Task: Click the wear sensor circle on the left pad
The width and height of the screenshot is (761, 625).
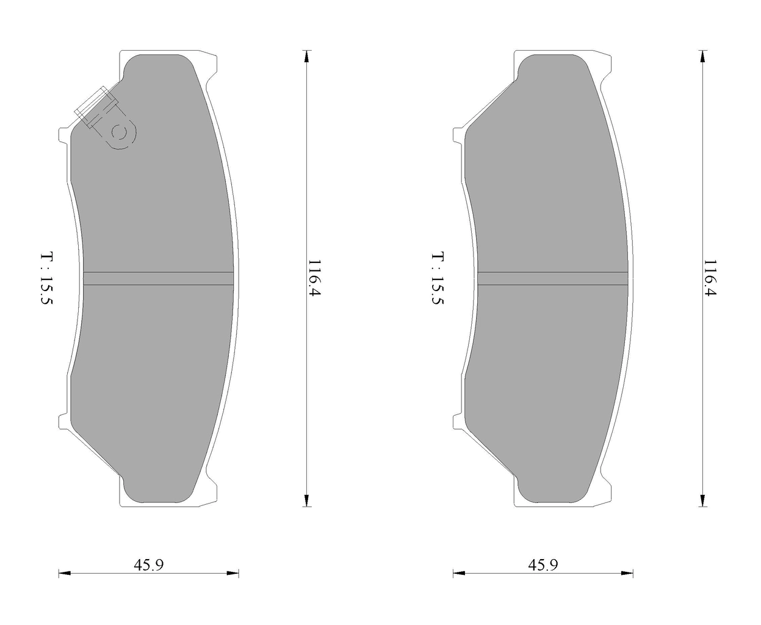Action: click(119, 133)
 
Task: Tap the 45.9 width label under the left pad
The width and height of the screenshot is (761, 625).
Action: click(149, 565)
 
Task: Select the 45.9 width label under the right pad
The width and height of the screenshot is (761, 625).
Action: click(543, 565)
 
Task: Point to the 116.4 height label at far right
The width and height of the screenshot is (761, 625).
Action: click(710, 278)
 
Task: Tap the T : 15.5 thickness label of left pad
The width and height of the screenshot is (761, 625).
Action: click(46, 278)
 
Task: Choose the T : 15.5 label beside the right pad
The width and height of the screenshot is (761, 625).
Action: click(438, 278)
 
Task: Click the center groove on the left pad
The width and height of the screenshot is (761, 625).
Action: click(159, 278)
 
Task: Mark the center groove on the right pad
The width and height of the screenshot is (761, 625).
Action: click(553, 278)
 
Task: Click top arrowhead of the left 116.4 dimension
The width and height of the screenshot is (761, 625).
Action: click(307, 57)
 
